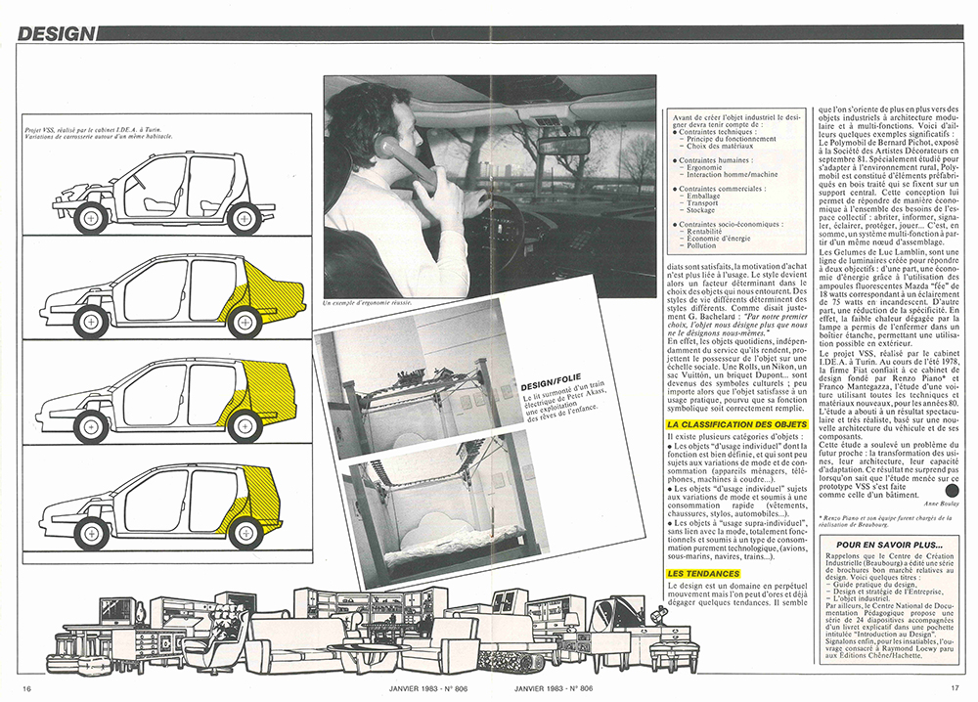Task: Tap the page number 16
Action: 27,688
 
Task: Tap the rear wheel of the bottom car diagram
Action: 244,533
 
